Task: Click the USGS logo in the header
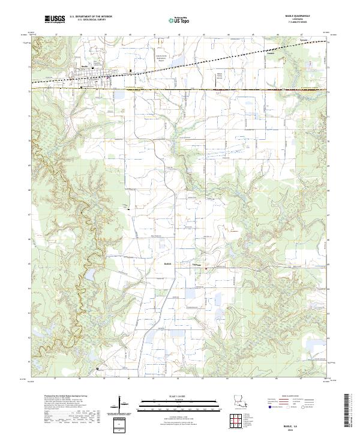pos(56,19)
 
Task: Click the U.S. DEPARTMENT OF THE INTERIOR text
pos(91,17)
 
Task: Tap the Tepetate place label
pos(196,263)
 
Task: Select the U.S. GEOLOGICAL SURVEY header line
pos(91,20)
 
